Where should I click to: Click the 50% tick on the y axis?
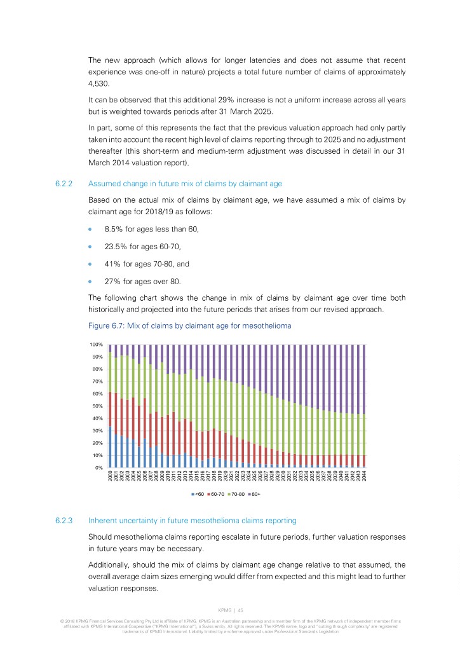97,406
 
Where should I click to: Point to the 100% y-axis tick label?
96,345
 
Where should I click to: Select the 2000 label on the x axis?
111,477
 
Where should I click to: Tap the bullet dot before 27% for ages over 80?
91,280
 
